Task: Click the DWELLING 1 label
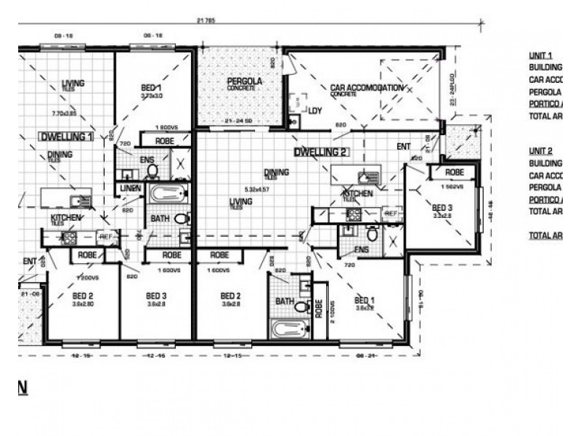click(66, 136)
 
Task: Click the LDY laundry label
click(314, 111)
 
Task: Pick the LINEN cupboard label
click(131, 189)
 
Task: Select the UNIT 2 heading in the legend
click(541, 150)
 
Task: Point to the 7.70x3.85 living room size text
click(65, 94)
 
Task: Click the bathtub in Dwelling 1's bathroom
click(167, 194)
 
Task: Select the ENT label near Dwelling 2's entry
click(403, 146)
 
